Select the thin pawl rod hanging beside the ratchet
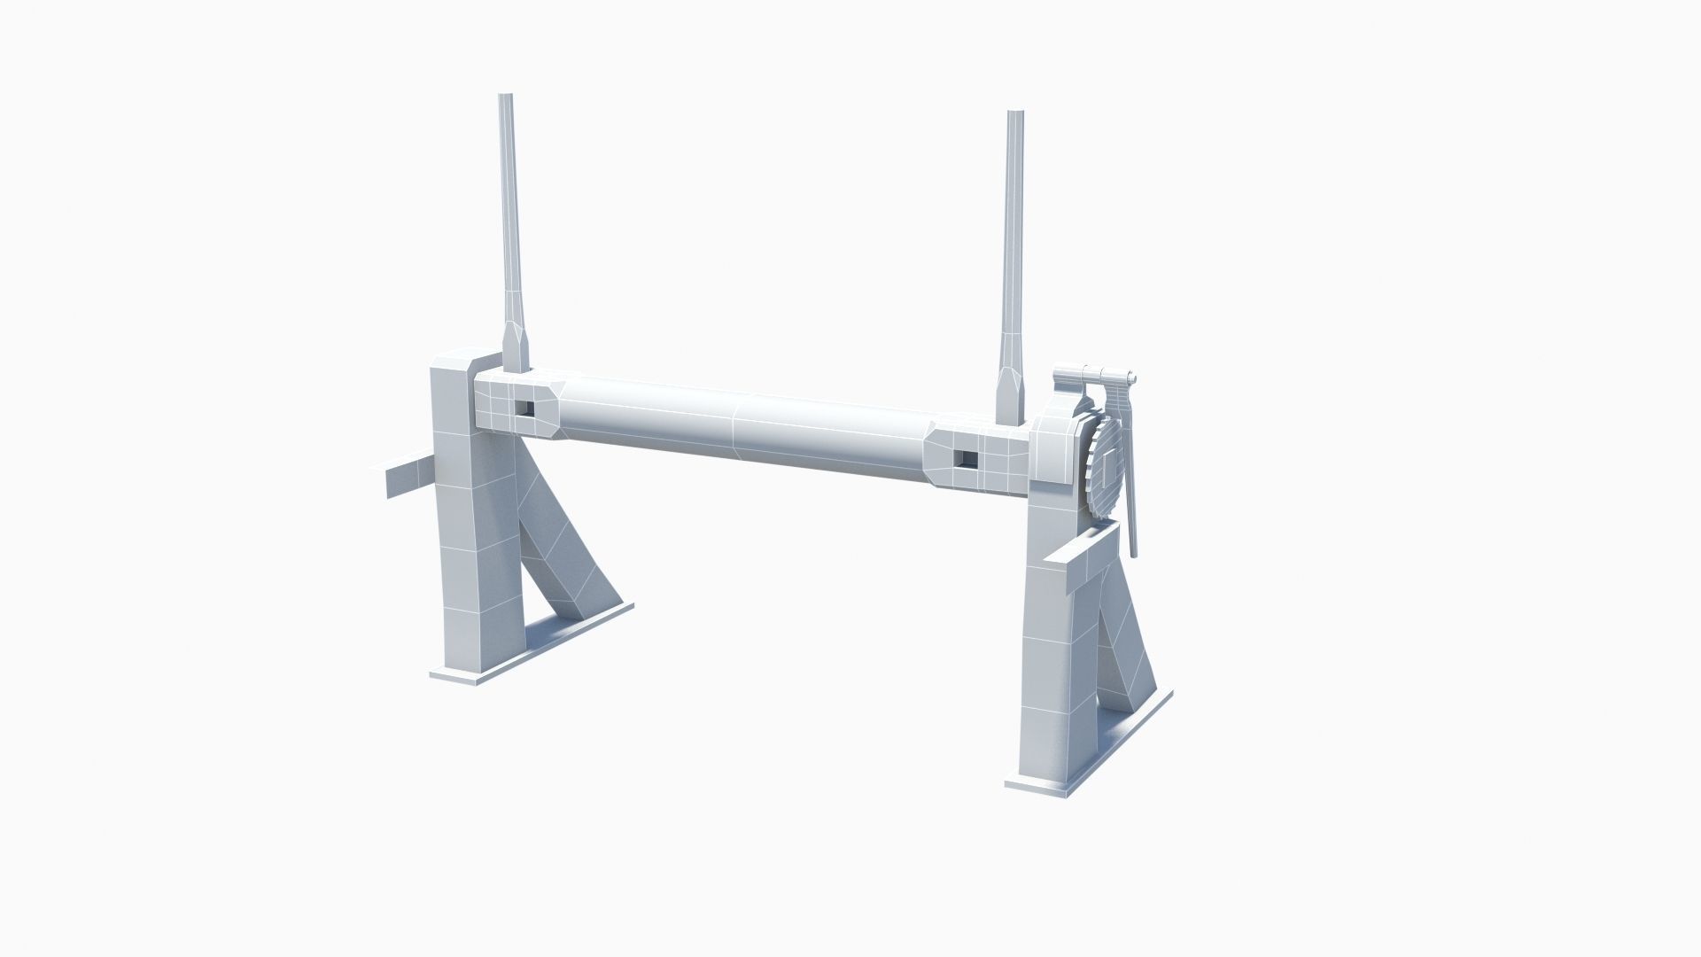coord(1130,496)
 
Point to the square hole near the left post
coord(526,407)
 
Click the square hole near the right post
coord(967,459)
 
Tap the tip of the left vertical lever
coord(507,98)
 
